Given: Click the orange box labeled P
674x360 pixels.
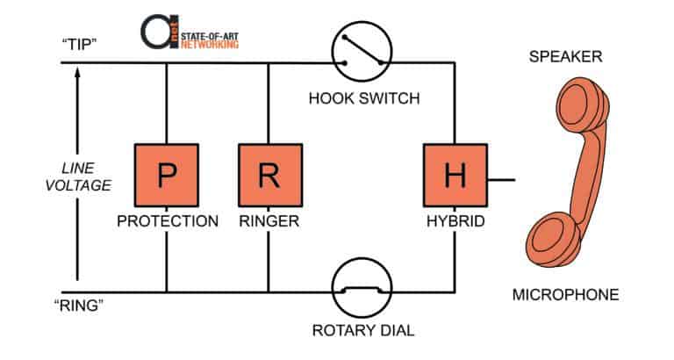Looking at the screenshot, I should [167, 176].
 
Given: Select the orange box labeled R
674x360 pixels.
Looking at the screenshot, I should [268, 176].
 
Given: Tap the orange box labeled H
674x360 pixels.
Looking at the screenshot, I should [455, 176].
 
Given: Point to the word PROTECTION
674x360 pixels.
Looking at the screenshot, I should [167, 221].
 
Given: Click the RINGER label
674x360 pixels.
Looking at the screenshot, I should [268, 221].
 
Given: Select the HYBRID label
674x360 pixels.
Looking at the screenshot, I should [455, 221].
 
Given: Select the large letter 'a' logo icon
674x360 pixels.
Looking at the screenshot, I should [158, 30].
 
